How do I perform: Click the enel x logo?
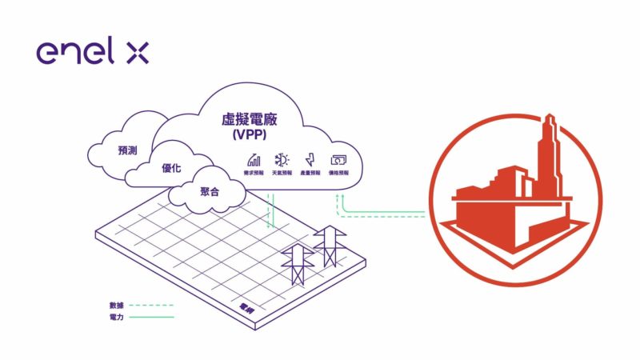click(92, 53)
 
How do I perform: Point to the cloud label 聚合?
click(210, 192)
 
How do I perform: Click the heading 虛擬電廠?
click(254, 121)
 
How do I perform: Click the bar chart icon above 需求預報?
click(254, 159)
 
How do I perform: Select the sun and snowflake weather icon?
click(282, 159)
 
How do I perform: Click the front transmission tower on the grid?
click(296, 263)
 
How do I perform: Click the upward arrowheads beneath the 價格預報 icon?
click(340, 195)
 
